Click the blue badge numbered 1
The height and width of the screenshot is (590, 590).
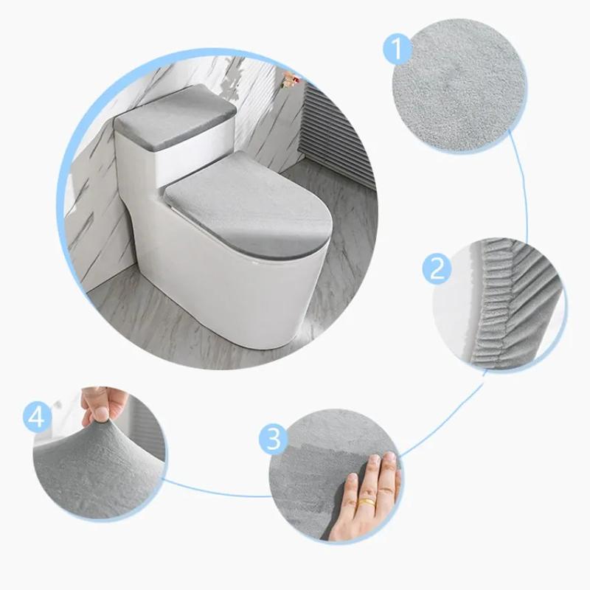point(397,51)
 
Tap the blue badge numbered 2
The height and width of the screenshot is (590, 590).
point(437,268)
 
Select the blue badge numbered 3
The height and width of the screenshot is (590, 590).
point(274,440)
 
